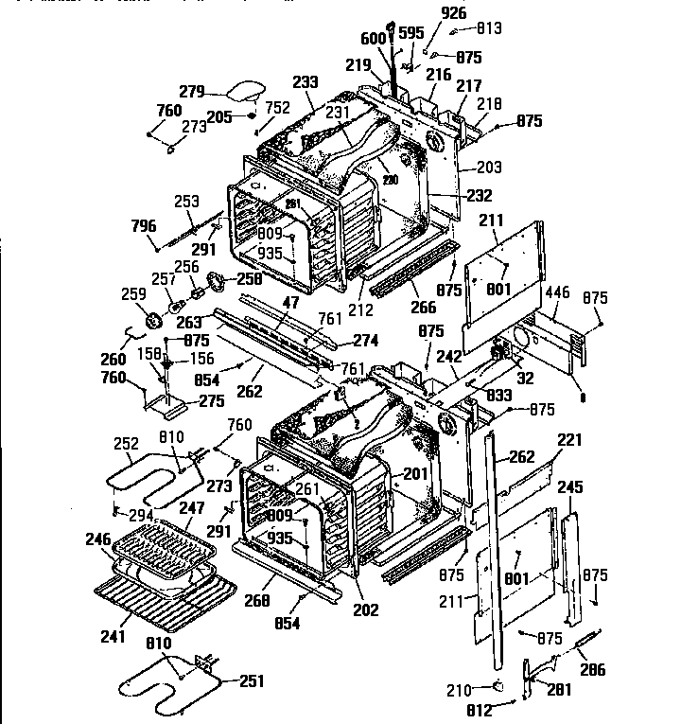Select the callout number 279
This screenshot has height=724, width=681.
pyautogui.click(x=192, y=91)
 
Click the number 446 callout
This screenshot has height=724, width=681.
pyautogui.click(x=559, y=294)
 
